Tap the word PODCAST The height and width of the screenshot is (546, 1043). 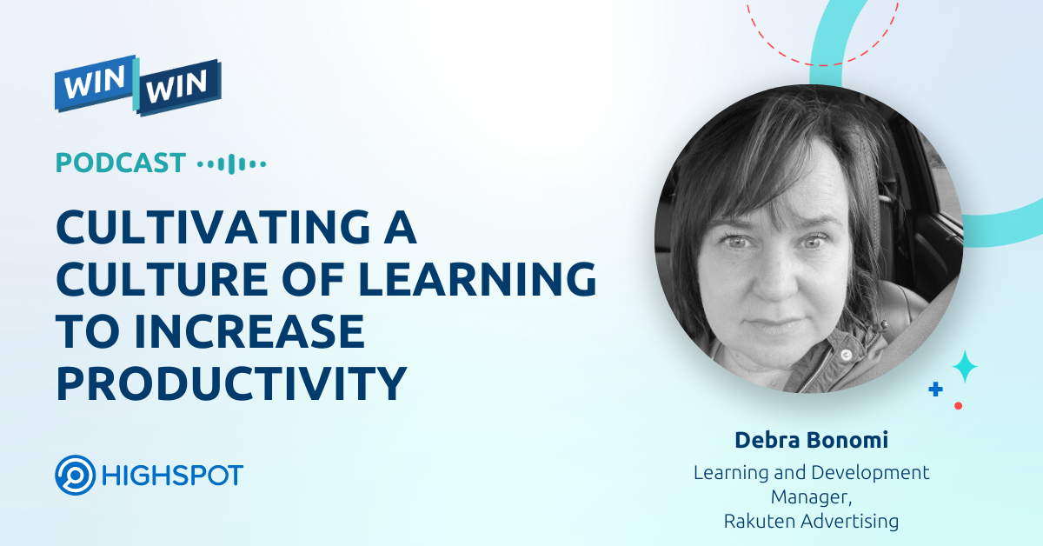click(121, 163)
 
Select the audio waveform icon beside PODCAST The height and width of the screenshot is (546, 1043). click(231, 163)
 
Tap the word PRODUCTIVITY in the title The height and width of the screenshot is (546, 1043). click(231, 383)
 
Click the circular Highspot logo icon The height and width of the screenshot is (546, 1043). click(75, 476)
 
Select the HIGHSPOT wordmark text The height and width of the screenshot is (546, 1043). click(172, 476)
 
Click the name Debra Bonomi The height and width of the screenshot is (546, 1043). click(811, 440)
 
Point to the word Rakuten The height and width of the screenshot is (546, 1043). click(761, 521)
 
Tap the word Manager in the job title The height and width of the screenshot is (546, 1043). click(807, 496)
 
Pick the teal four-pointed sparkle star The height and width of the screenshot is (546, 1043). click(965, 366)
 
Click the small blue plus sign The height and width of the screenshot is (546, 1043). click(935, 390)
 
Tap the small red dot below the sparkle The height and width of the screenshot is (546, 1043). click(958, 405)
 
